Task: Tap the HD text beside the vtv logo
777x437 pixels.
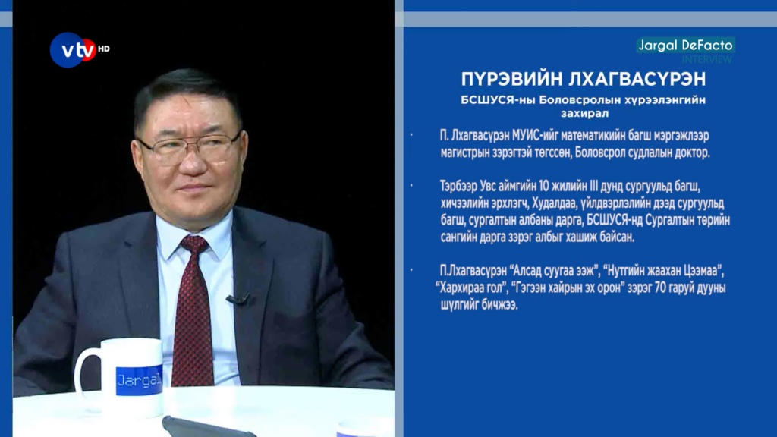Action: pos(103,49)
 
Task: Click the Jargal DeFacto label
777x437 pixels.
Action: pos(685,45)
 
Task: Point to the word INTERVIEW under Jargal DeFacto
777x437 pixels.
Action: pos(706,59)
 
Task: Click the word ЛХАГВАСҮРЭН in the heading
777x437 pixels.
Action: pos(637,79)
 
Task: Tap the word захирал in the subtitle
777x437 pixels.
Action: pos(584,114)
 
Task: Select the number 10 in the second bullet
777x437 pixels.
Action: pos(544,187)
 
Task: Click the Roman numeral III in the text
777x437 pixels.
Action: pos(594,187)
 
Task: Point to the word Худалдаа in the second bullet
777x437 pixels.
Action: pos(555,203)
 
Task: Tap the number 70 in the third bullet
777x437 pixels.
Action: pos(661,288)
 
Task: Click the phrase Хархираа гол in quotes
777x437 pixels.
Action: pos(473,288)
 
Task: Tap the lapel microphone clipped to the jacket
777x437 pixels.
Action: pos(238,299)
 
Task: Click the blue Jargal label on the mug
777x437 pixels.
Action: pos(140,380)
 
